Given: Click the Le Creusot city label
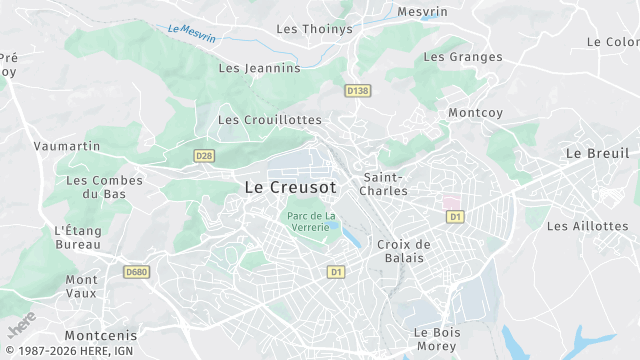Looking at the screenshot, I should (290, 187).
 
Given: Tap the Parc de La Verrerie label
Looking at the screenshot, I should (310, 221).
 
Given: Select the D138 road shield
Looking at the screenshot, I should (357, 91).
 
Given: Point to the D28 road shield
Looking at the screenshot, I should (204, 155).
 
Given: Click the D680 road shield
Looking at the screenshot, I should (136, 272).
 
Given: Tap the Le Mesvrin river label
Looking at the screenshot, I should (192, 33).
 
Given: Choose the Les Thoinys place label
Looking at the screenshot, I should (314, 29).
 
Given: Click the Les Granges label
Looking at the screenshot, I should (463, 57).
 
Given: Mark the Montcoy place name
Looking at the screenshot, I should (475, 113).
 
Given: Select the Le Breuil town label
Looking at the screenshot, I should (597, 153).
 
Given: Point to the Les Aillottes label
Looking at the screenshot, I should (587, 226).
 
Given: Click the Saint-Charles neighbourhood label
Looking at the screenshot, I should (383, 184).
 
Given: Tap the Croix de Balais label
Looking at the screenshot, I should (404, 251).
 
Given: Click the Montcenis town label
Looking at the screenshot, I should (100, 336).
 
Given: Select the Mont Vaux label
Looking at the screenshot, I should (82, 287).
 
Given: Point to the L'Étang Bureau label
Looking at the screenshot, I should (78, 237).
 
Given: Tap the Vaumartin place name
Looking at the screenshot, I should (67, 146).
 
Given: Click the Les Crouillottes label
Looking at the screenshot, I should (270, 120).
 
